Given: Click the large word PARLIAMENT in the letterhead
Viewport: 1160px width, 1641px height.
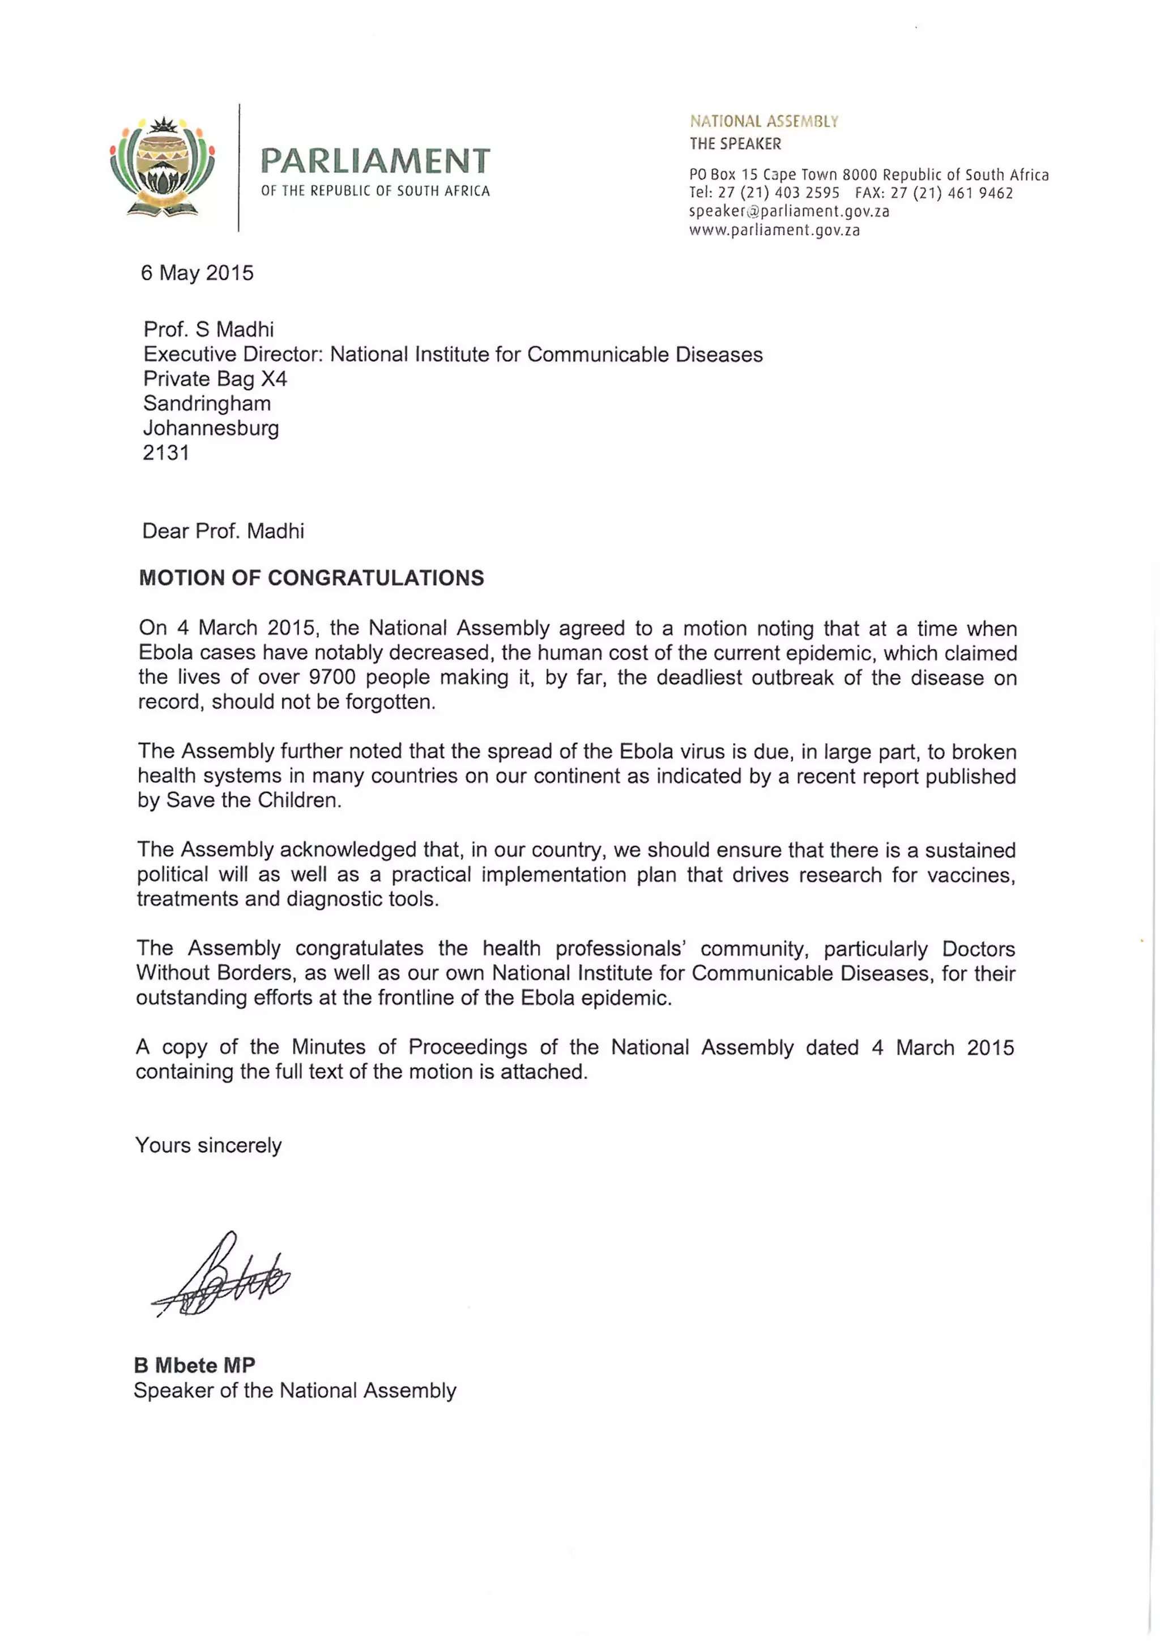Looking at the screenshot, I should (375, 161).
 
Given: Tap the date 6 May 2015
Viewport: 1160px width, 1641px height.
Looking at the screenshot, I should (197, 273).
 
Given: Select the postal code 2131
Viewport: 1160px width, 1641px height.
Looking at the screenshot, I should (166, 453).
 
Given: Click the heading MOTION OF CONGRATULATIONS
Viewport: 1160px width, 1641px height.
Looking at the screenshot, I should (311, 578).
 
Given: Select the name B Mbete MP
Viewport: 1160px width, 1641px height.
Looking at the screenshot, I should (194, 1365).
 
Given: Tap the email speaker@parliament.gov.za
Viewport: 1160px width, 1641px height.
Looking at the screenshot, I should (788, 211).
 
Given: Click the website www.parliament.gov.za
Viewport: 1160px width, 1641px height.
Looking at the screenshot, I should (774, 230).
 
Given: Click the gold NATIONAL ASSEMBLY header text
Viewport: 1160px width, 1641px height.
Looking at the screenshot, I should (764, 121).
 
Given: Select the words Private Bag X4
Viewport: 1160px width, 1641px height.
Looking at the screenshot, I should (215, 379).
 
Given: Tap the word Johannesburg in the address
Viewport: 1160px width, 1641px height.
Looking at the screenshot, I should (211, 428).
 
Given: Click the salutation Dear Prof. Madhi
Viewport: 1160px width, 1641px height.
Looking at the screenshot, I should (223, 531).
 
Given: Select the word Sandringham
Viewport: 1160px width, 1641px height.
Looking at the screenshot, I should (207, 403).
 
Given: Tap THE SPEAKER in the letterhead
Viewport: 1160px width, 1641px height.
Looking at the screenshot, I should (735, 144).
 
